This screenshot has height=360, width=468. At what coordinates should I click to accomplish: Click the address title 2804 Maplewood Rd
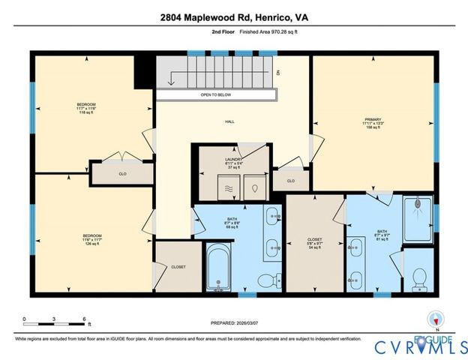pos(233,16)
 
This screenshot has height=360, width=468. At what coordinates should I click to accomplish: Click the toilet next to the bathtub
pos(265,280)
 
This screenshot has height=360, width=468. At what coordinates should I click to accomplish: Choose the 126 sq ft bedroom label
pos(91,241)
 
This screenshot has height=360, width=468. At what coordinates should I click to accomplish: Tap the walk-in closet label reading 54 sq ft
pos(315,243)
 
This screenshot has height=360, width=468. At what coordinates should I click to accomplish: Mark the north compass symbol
pos(430,318)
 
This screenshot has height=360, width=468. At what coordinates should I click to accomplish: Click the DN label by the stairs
pos(277,73)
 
